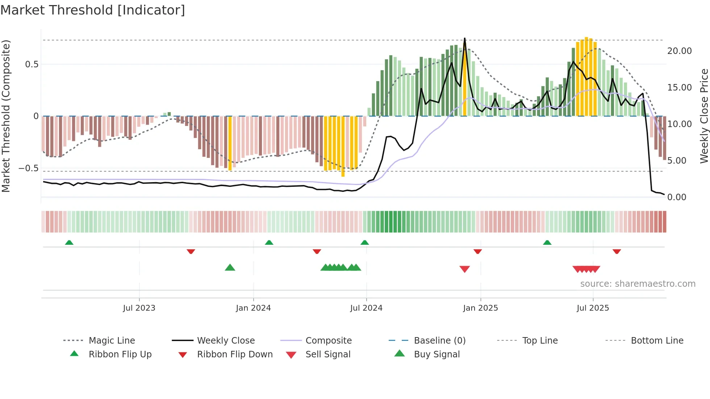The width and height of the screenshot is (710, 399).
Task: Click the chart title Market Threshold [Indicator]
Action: [x=93, y=10]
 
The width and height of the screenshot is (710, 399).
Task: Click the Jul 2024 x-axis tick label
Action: [x=366, y=308]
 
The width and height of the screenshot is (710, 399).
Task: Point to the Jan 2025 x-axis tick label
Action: [x=480, y=308]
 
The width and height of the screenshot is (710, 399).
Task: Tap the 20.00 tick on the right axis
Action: [x=679, y=51]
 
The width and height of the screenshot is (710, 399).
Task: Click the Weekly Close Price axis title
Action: [x=704, y=116]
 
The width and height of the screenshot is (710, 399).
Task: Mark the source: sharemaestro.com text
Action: [x=638, y=284]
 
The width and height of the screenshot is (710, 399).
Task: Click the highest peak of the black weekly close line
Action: [x=465, y=38]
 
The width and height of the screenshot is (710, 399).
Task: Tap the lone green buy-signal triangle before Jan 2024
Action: [x=230, y=268]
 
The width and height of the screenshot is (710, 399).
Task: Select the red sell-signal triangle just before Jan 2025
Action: [x=464, y=269]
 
